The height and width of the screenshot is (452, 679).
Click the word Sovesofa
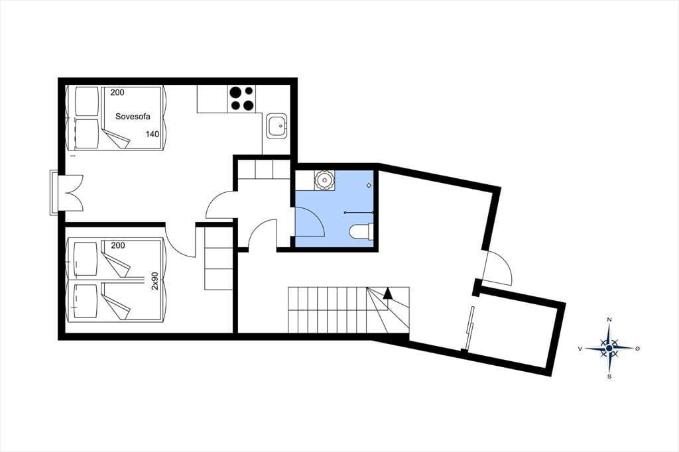pyautogui.click(x=133, y=117)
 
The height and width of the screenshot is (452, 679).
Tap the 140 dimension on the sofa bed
pyautogui.click(x=153, y=135)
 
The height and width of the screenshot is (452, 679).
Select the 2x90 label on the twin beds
pyautogui.click(x=155, y=280)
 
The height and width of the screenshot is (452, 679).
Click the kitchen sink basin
pyautogui.click(x=277, y=126)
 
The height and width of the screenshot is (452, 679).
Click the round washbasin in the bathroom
pyautogui.click(x=324, y=179)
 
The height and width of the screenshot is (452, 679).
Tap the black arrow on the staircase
pyautogui.click(x=387, y=294)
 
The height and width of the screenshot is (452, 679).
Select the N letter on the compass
pyautogui.click(x=609, y=319)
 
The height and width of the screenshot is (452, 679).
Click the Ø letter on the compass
pyautogui.click(x=637, y=348)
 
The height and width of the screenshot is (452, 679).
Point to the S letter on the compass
pyautogui.click(x=609, y=376)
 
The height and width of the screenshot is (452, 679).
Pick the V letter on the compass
pyautogui.click(x=580, y=348)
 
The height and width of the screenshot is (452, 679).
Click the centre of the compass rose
pyautogui.click(x=609, y=348)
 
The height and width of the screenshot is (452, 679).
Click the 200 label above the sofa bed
pyautogui.click(x=117, y=92)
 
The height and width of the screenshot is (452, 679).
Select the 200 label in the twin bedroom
pyautogui.click(x=118, y=245)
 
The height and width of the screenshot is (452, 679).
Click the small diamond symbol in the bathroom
pyautogui.click(x=369, y=186)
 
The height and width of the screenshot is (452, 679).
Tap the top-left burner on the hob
pyautogui.click(x=235, y=92)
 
